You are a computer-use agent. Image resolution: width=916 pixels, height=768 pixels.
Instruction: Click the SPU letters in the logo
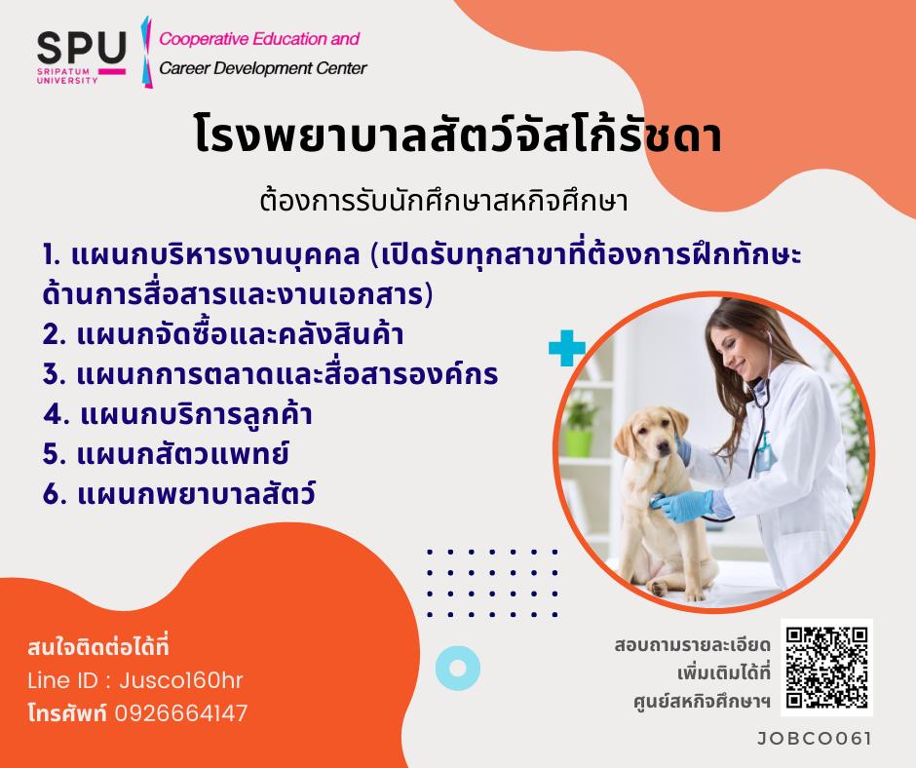click(81, 48)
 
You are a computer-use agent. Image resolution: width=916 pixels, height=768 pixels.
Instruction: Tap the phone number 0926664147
click(181, 713)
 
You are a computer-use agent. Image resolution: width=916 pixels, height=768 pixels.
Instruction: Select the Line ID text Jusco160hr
click(181, 680)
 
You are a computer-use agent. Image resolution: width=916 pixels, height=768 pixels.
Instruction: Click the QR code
click(826, 668)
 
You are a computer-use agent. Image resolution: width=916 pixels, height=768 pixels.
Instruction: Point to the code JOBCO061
click(814, 739)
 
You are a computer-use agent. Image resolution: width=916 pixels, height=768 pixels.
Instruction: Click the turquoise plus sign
click(567, 348)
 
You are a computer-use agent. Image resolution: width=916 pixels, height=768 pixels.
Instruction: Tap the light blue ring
click(458, 668)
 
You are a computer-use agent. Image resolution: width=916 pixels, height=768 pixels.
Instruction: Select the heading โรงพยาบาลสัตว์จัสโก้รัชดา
click(457, 135)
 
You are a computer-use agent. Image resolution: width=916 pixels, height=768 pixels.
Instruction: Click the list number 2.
click(54, 335)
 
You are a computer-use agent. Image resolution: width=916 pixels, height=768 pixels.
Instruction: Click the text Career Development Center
click(263, 68)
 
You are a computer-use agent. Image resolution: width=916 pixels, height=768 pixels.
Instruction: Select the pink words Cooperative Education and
click(259, 39)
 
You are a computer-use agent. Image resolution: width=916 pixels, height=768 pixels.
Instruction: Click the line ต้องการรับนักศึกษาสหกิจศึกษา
click(444, 202)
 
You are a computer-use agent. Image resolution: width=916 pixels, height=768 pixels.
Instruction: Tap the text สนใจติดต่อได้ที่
click(98, 646)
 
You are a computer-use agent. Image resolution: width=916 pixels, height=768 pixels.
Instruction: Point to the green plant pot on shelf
click(578, 442)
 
